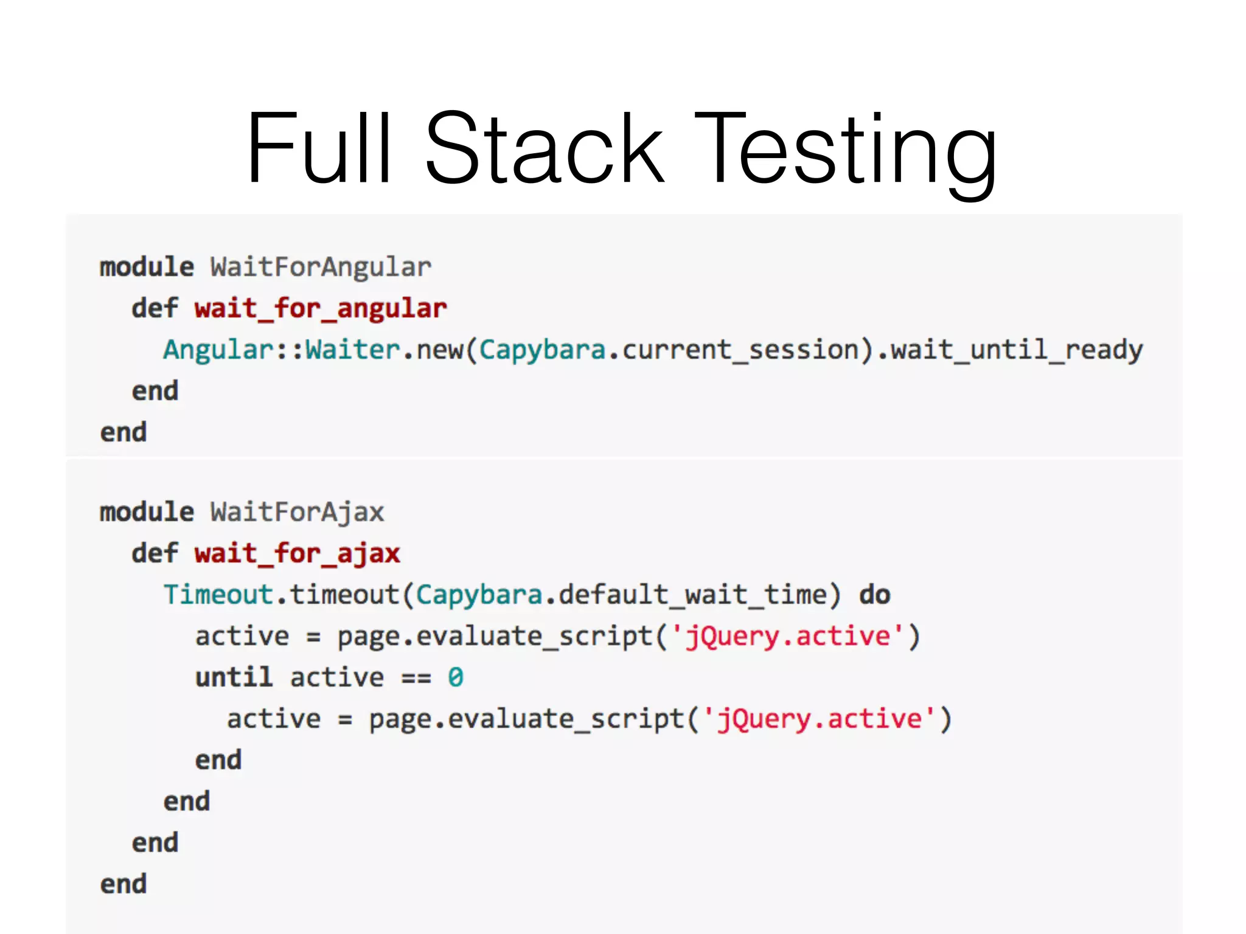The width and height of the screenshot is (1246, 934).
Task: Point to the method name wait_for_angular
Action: click(321, 309)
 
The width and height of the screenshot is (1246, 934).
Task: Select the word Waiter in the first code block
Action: click(352, 350)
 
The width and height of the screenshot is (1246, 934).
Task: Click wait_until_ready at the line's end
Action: click(1017, 350)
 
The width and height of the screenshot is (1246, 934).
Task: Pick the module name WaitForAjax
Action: click(297, 512)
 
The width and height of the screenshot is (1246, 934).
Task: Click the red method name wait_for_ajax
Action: click(297, 554)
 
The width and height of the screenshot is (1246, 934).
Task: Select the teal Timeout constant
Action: click(218, 595)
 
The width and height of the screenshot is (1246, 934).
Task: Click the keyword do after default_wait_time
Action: click(874, 595)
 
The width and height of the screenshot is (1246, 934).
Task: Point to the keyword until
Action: click(234, 677)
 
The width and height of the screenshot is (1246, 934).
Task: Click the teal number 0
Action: click(455, 677)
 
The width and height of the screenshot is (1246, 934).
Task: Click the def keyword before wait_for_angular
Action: click(155, 309)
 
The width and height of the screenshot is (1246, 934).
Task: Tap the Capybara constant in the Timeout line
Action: click(479, 595)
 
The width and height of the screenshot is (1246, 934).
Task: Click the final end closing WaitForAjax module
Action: click(124, 884)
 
